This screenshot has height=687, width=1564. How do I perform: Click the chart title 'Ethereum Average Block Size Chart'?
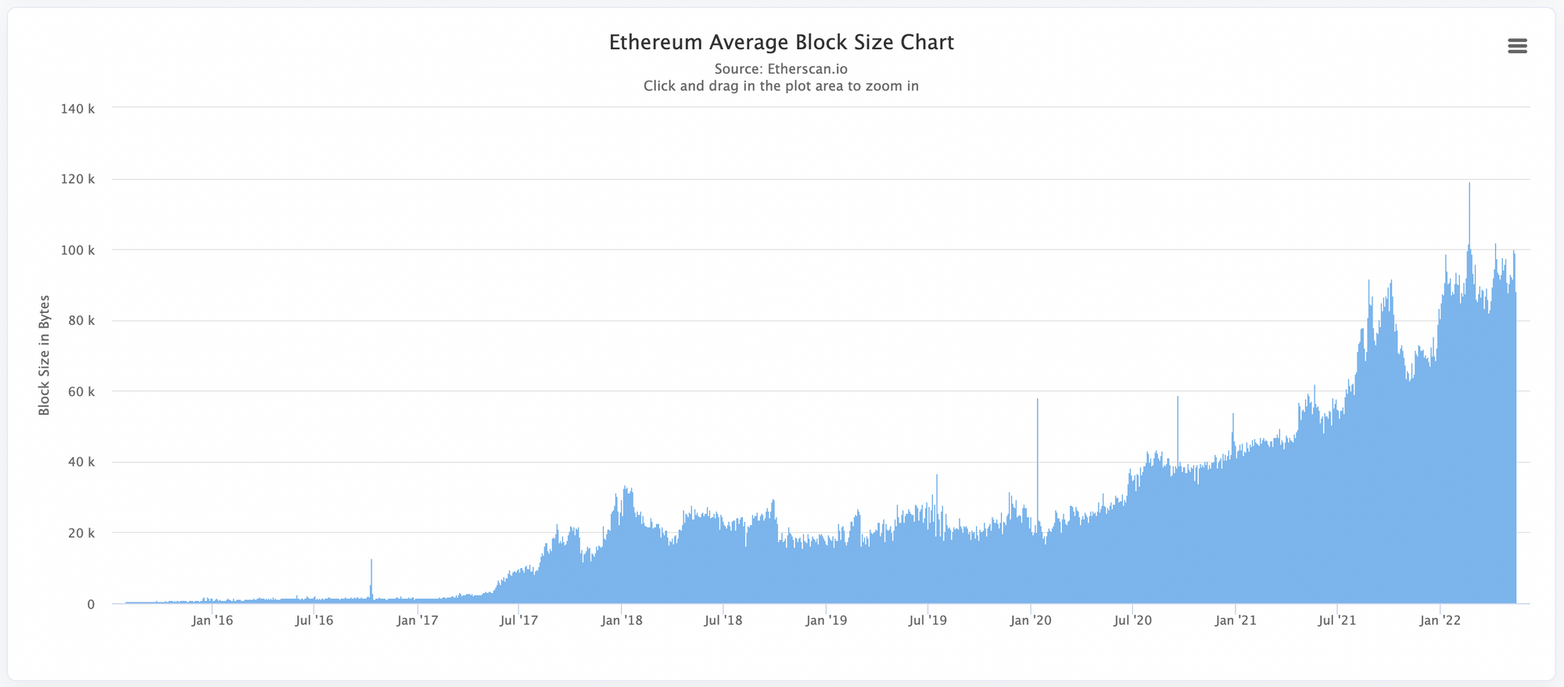pos(781,42)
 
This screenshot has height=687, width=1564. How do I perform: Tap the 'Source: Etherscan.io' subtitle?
pos(780,69)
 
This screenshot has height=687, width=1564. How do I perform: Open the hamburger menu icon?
pos(1517,46)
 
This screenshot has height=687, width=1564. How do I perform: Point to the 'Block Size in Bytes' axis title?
pos(45,355)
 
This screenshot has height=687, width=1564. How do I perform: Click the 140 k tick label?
pos(77,109)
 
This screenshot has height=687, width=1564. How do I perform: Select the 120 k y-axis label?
pos(77,179)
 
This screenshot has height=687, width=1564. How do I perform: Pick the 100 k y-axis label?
pos(77,250)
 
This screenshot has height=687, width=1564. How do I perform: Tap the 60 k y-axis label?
pos(81,391)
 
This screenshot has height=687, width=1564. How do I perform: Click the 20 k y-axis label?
pos(81,533)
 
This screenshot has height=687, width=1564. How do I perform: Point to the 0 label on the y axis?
pos(91,604)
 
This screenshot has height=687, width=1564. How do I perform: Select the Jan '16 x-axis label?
pos(213,620)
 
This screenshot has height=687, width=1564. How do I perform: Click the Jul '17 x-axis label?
pos(519,620)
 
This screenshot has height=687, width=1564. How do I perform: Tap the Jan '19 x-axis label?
pos(827,620)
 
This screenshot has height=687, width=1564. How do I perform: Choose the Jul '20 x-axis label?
pos(1133,620)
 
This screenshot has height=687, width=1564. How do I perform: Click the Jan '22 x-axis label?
pos(1440,620)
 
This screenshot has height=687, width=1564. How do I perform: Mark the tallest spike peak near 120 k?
pos(1469,184)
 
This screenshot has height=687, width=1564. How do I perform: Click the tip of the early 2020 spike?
pos(1038,400)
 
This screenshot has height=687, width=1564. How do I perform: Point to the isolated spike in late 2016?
pos(371,560)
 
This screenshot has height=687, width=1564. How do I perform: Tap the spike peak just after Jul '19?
pos(937,476)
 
